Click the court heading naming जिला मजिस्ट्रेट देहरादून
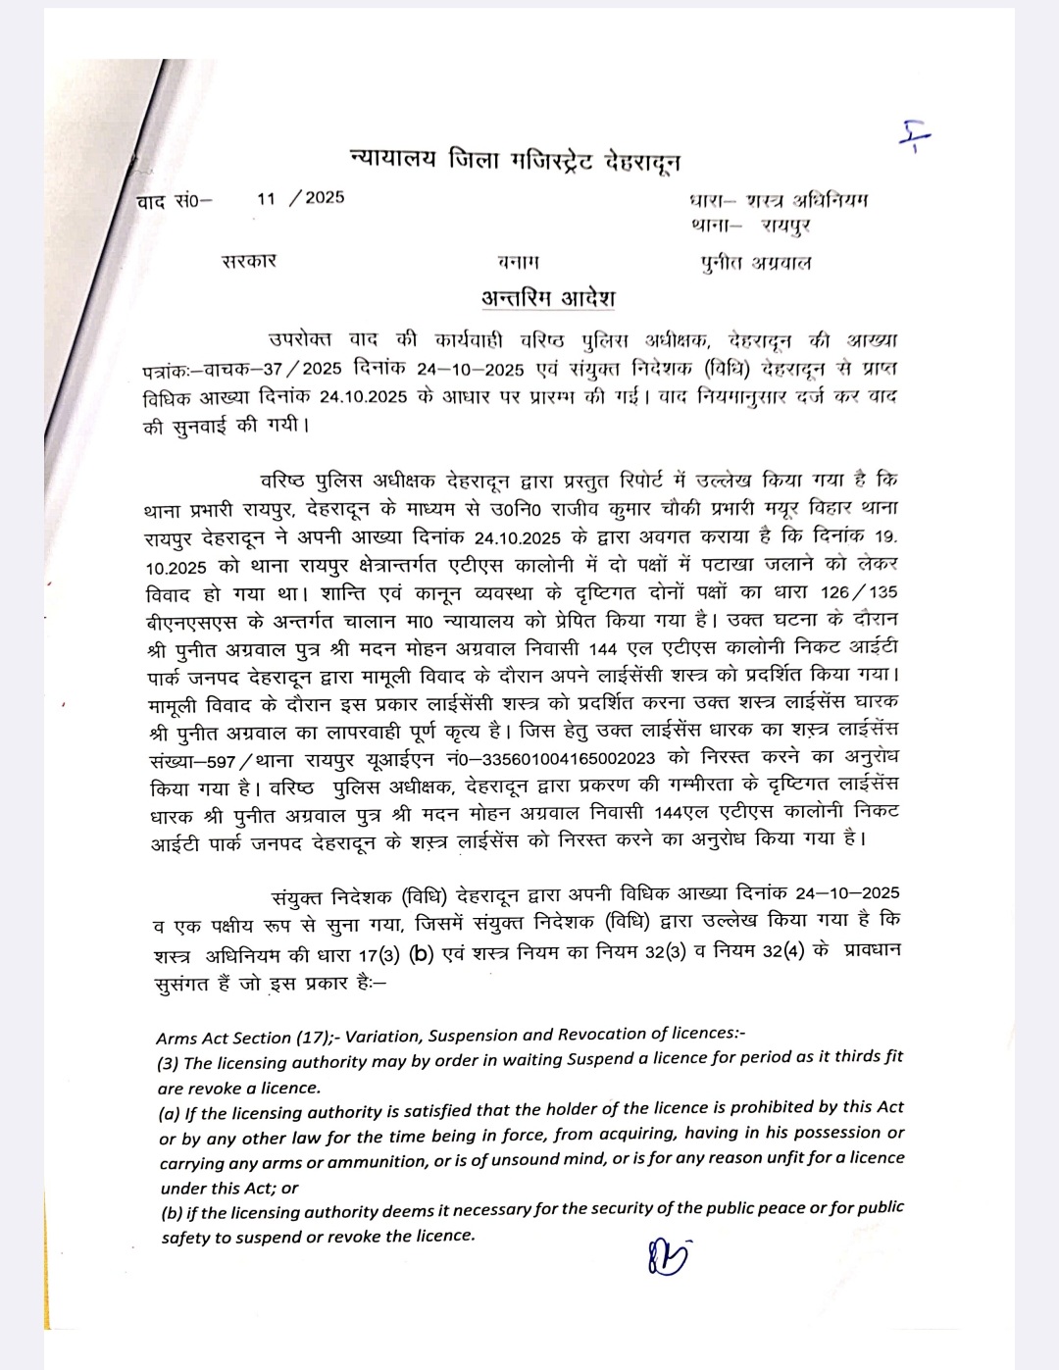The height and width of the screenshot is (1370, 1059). point(515,160)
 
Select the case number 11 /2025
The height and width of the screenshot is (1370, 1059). point(301,198)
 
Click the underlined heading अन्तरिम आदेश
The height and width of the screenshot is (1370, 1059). point(548,297)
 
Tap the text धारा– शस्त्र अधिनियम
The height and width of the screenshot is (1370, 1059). point(779,201)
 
